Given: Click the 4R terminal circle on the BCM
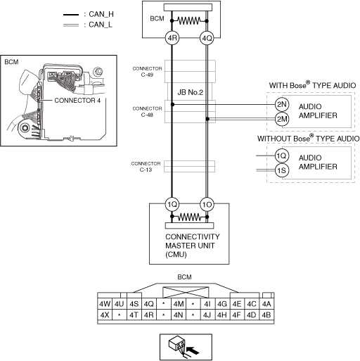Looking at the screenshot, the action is (172, 38).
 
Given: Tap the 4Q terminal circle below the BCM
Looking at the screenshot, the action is (207, 38).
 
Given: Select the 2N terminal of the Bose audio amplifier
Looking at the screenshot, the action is (282, 104).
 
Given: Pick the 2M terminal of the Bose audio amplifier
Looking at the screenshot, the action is (282, 119).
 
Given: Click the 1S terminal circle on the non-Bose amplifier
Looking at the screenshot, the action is (282, 170).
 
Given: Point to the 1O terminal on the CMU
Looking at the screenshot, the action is (207, 205).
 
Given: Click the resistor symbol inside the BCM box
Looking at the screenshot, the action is (189, 21).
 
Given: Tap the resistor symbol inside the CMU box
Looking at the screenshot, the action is (189, 217).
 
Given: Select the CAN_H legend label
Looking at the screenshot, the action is (101, 14).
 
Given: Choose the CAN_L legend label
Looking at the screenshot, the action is (101, 25).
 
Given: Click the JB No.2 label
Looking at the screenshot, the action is (190, 92).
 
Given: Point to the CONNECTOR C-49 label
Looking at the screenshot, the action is (147, 72).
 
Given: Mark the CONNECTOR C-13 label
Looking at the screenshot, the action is (146, 167).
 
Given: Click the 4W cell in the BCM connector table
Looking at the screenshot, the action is (105, 304).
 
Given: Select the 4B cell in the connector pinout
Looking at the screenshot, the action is (266, 315).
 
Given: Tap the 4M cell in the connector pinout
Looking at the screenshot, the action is (179, 304).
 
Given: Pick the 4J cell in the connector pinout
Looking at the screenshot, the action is (207, 315).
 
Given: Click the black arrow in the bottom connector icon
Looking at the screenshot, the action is (193, 350).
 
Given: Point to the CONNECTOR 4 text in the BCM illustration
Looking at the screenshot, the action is (77, 101).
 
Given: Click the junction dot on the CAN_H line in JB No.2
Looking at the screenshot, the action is (172, 104).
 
